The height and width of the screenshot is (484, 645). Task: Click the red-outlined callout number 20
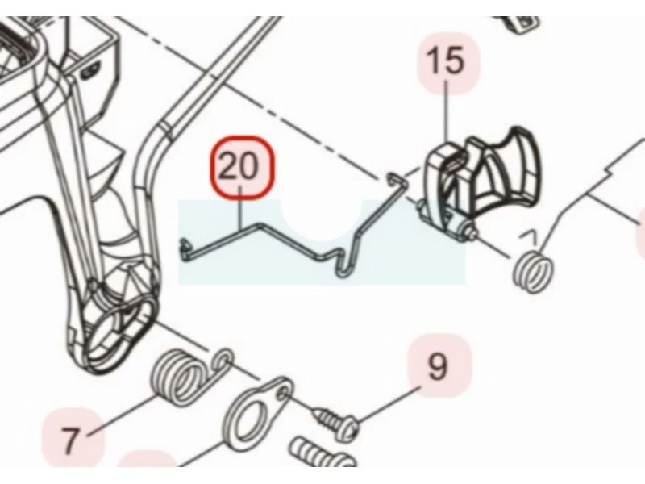coord(242,168)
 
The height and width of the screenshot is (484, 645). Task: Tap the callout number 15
coord(446,60)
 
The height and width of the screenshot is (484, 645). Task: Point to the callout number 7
coord(70,440)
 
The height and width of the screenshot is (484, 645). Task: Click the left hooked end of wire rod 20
coord(184,251)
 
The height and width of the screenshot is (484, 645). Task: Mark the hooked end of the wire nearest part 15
coord(393,179)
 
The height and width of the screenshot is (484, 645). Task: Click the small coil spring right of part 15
coord(533,272)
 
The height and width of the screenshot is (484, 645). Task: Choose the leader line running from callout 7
coord(123,414)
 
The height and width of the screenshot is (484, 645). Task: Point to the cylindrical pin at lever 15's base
coord(448,223)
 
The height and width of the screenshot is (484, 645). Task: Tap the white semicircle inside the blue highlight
coord(322,218)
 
